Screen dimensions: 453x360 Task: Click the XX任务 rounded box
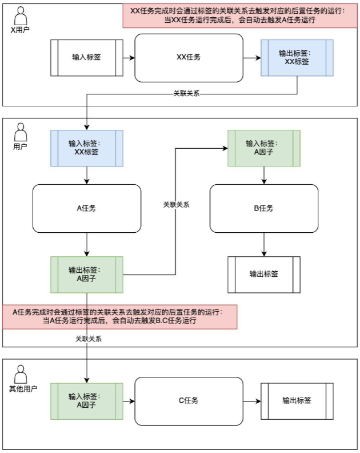188,57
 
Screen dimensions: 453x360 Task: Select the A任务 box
86,208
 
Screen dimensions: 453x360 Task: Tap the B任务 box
263,208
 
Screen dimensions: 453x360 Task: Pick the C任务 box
188,400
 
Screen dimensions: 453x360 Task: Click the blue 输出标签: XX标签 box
297,57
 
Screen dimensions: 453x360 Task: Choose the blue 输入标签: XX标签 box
86,148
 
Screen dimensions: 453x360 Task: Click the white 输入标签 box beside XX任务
86,57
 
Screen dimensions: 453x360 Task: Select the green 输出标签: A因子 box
86,274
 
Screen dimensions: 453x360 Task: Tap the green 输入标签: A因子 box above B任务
263,148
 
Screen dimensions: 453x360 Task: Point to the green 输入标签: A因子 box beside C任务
86,400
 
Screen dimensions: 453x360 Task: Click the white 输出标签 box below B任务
263,274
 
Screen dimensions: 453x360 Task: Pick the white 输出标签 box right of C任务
297,400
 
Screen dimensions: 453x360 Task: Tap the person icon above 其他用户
21,374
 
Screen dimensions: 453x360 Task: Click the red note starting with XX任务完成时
237,15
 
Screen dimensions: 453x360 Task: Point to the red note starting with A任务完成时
119,316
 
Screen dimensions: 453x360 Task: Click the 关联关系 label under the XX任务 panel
186,93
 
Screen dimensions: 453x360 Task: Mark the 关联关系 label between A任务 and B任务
176,204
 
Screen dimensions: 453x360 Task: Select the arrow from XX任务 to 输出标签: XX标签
251,57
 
